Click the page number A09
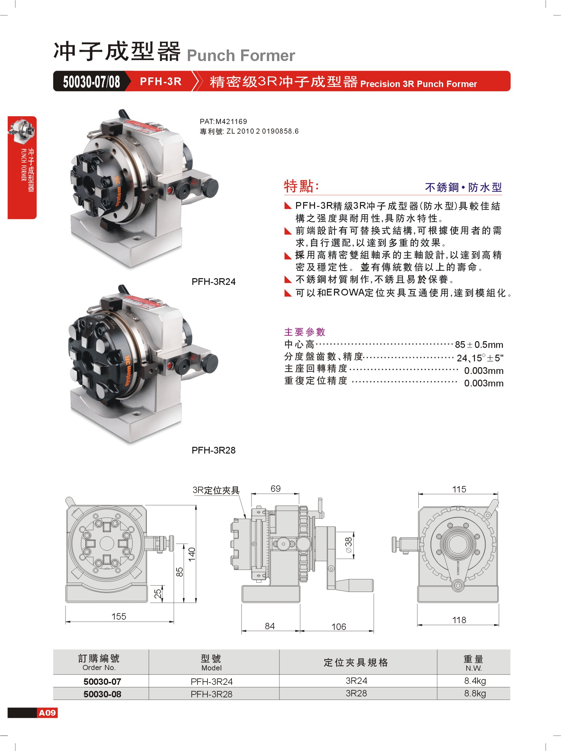[47, 713]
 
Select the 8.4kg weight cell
[475, 681]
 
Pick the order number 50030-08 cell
[102, 694]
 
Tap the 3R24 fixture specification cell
[356, 681]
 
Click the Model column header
[211, 662]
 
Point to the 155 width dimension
[119, 616]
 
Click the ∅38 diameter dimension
[348, 544]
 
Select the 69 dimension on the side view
[275, 488]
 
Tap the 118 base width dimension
[459, 620]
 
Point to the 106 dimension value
[338, 626]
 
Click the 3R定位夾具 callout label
[216, 490]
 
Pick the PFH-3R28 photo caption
[214, 450]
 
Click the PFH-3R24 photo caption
[214, 281]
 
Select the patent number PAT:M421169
[223, 121]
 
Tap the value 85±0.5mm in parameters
[479, 345]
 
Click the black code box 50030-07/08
[91, 82]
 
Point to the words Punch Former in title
[241, 55]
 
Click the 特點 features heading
[301, 186]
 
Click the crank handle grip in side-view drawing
[355, 585]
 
